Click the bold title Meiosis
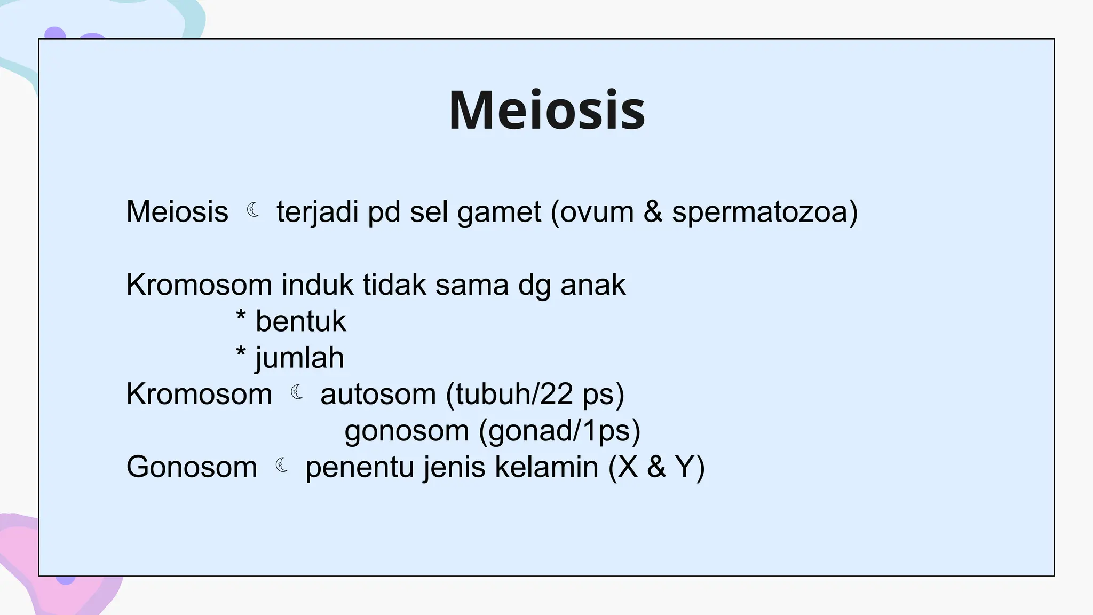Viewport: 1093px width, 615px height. pos(546,111)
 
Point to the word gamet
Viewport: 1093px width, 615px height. pos(499,212)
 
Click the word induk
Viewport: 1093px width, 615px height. pos(317,285)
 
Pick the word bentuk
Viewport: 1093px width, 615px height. pos(300,321)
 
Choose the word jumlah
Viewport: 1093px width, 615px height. pos(299,358)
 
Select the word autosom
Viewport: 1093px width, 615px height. pos(378,395)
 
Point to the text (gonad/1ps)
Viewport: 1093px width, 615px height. pos(559,431)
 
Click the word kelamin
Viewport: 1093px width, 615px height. pos(546,467)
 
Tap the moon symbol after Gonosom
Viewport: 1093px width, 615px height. pos(281,466)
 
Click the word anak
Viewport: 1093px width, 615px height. pos(592,285)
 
